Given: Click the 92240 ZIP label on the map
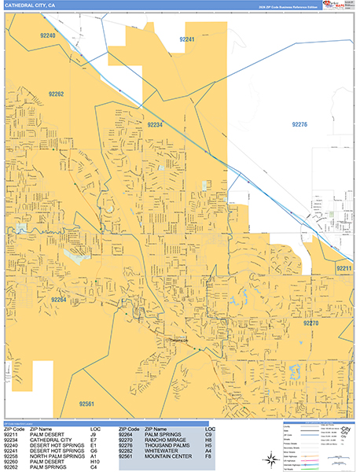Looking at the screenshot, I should pyautogui.click(x=48, y=36).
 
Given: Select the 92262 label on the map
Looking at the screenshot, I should pyautogui.click(x=54, y=94).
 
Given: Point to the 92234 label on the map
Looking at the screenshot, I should pyautogui.click(x=154, y=124).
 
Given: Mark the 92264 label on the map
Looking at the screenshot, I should pyautogui.click(x=58, y=300).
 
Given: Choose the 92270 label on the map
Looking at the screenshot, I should pyautogui.click(x=310, y=323).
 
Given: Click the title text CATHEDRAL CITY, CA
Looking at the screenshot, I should pyautogui.click(x=30, y=6).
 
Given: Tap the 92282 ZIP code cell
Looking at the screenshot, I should pyautogui.click(x=127, y=450).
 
